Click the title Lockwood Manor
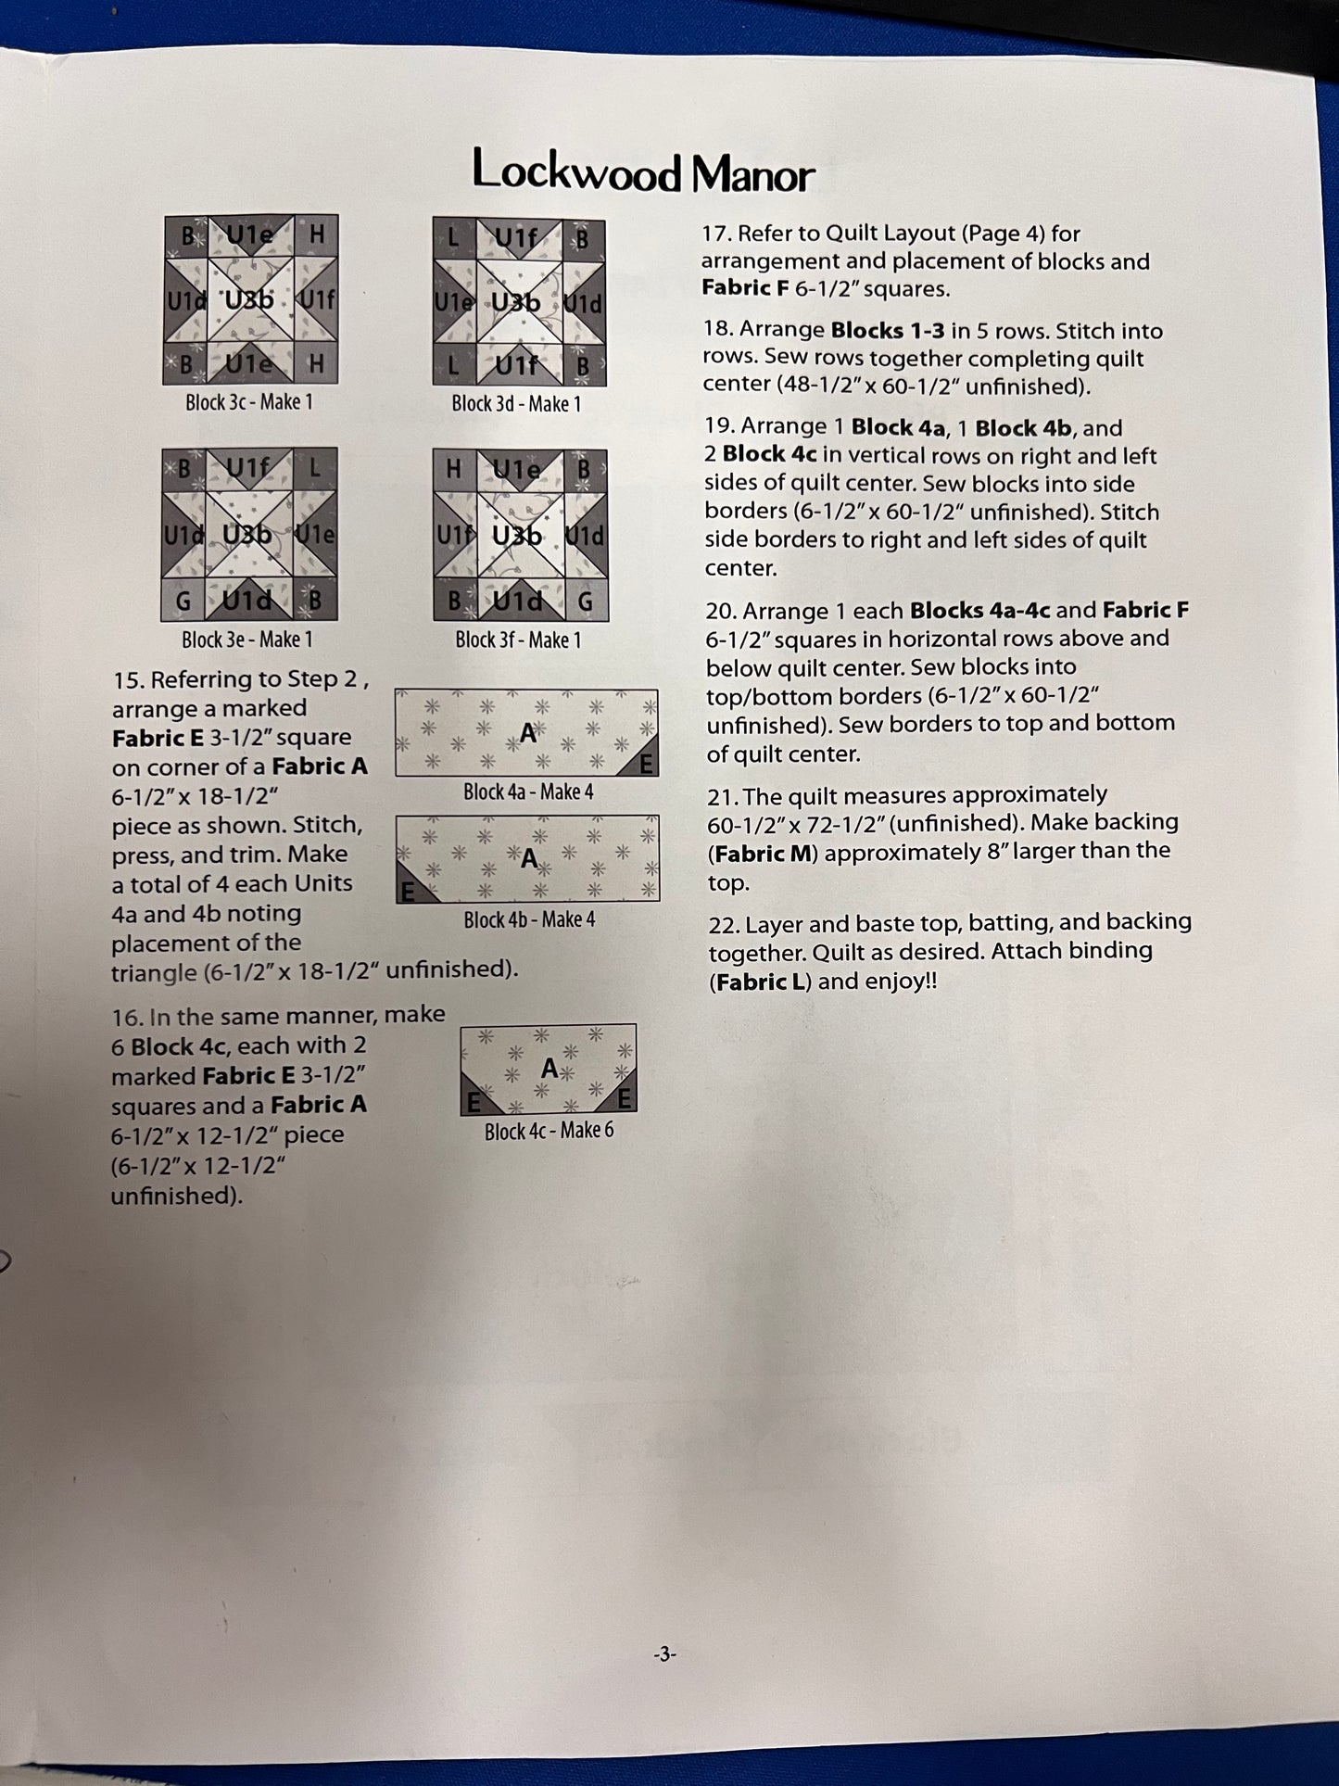[x=643, y=172]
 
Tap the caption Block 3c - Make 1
[x=249, y=402]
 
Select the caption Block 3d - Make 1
[x=516, y=404]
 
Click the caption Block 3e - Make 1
[x=247, y=640]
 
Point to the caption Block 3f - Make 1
[x=518, y=640]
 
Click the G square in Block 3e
[x=183, y=602]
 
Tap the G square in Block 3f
[x=585, y=602]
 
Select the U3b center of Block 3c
[x=249, y=300]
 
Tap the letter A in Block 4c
[x=549, y=1069]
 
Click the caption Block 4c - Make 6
[x=549, y=1131]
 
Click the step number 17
[x=715, y=234]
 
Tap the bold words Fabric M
[x=762, y=854]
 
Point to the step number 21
[x=722, y=796]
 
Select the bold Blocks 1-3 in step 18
[x=888, y=331]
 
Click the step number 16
[x=127, y=1018]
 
